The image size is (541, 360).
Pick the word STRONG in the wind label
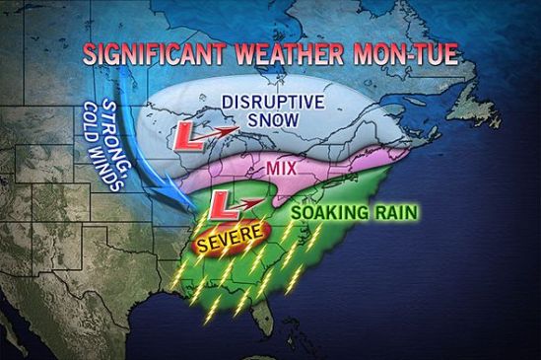[x=118, y=124]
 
